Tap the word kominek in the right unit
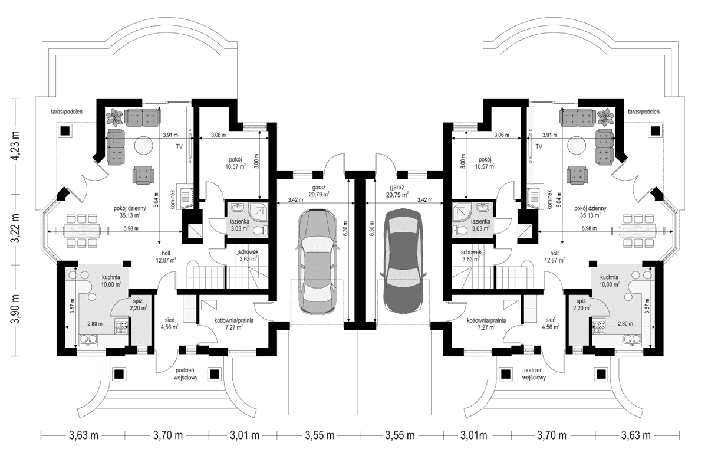(549, 200)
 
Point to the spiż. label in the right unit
(581, 300)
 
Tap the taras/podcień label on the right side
(644, 111)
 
